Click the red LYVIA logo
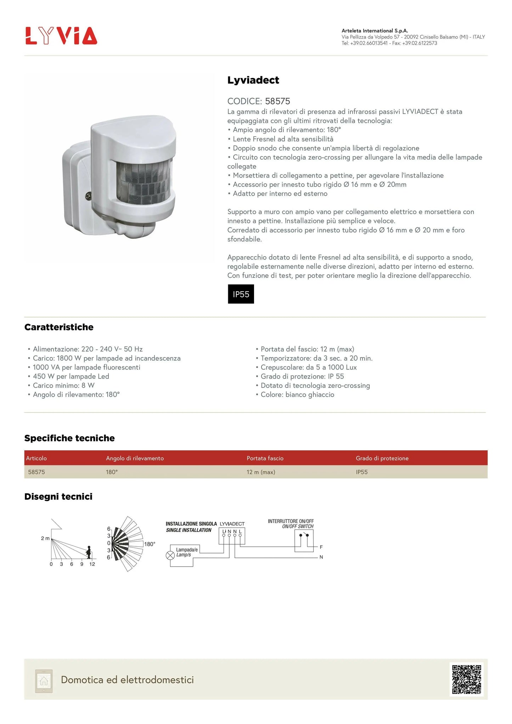coord(61,35)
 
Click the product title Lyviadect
coord(253,80)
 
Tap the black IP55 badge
coord(241,294)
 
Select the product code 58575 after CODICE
coord(277,101)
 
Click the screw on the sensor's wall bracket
coord(88,195)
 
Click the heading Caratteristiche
coord(59,327)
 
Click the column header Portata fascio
coord(265,458)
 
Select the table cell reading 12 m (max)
coord(261,472)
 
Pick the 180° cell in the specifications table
coord(112,472)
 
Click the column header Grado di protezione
coord(382,458)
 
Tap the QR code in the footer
coord(467,679)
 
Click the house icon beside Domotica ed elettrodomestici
coord(44,681)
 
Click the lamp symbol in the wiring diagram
coord(170,555)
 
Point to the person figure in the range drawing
coord(89,552)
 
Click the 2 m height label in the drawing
coord(45,538)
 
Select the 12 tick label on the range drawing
coord(92,564)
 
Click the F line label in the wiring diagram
coord(321,547)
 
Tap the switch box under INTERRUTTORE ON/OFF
coord(304,540)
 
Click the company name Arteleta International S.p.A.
coord(375,31)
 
